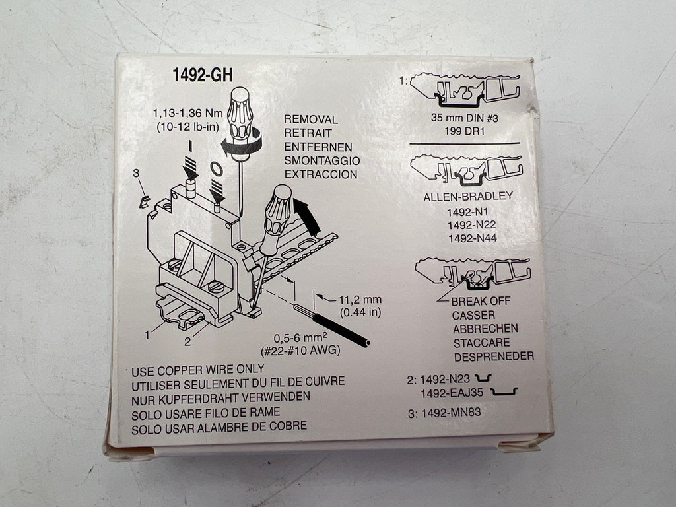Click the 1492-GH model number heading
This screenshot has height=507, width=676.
tap(202, 75)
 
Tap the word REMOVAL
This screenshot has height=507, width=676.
tap(310, 119)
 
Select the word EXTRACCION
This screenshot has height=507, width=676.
tap(321, 174)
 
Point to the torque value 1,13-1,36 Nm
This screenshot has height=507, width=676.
tap(188, 114)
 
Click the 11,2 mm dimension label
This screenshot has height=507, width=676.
tap(360, 300)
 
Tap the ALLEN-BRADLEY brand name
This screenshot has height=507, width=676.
tap(468, 197)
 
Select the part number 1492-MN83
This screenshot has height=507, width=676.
tap(450, 413)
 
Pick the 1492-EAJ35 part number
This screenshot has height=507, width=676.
tap(452, 393)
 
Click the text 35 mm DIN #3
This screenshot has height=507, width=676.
tap(464, 118)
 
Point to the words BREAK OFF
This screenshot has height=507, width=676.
tap(481, 301)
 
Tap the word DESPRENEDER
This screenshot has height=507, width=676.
tap(494, 356)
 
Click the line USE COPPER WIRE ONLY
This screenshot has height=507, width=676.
tap(198, 370)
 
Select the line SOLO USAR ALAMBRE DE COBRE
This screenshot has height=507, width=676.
tap(219, 428)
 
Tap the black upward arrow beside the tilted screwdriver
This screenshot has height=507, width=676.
tap(306, 216)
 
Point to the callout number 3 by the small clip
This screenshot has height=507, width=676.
tap(136, 174)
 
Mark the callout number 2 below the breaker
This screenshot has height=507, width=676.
tap(187, 341)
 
